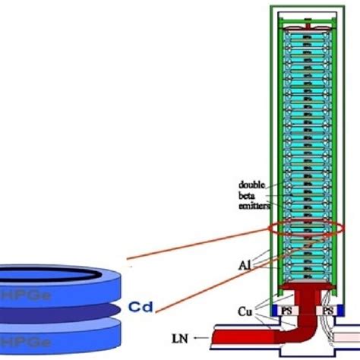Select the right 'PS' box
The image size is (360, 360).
(327, 311)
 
